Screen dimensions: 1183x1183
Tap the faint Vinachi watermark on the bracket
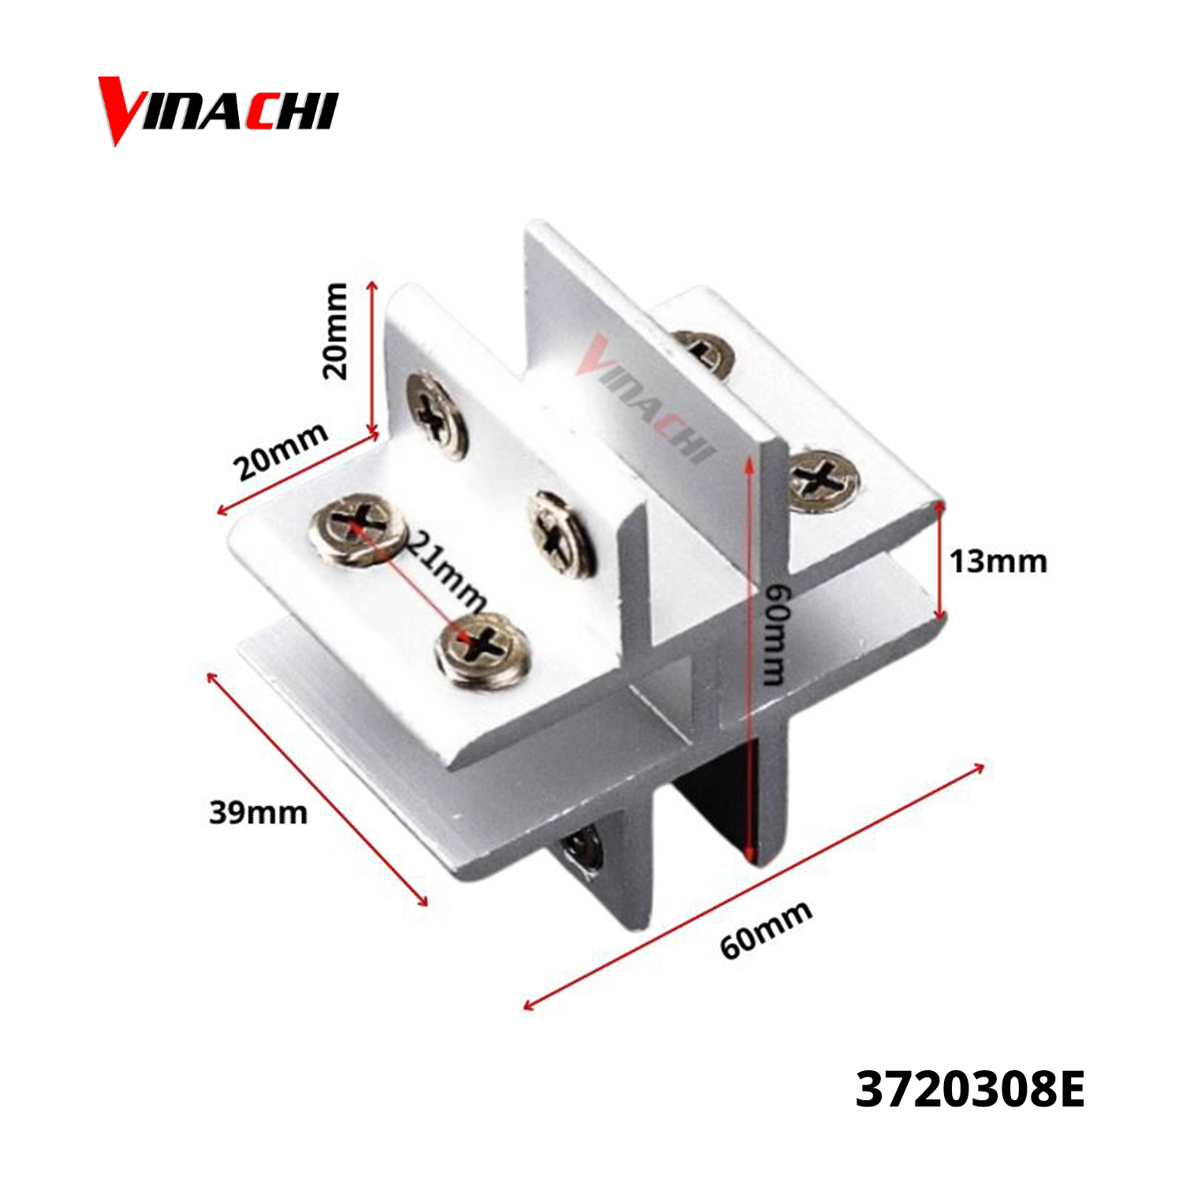point(645,399)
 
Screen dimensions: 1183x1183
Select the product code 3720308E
point(970,1089)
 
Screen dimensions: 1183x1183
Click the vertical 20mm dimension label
point(335,330)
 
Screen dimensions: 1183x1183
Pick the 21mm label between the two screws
point(446,569)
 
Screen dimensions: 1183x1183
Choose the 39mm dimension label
point(258,812)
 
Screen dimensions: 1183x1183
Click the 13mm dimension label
point(998,562)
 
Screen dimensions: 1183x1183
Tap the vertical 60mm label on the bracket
point(776,635)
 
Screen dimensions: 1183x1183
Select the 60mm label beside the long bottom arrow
point(766,930)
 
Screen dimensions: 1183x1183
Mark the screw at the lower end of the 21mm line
point(481,648)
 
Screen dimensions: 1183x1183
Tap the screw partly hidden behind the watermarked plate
point(704,352)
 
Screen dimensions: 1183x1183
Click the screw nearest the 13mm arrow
point(824,480)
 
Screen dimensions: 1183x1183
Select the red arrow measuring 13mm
point(939,562)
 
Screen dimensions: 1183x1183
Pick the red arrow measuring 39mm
point(317,789)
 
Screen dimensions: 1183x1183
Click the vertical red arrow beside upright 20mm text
point(373,358)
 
